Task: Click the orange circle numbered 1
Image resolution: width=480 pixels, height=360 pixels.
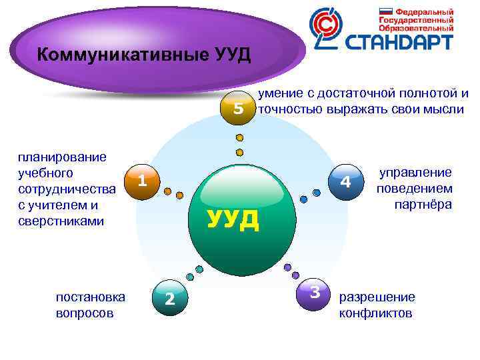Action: pos(141,181)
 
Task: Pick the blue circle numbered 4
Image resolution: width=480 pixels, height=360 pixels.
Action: pos(345,182)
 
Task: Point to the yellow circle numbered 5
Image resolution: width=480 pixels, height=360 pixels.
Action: pos(238,109)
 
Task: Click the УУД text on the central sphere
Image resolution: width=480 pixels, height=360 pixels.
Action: pos(233,219)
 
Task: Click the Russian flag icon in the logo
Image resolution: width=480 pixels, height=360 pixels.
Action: pos(386,12)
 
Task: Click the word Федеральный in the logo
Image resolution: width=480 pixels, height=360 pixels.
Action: pos(425,12)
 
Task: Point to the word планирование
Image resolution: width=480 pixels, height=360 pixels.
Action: pos(63,157)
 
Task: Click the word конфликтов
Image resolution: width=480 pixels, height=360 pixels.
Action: pos(376,313)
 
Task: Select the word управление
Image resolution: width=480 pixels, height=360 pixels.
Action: pos(415,172)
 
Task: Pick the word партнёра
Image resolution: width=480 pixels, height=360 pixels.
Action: pos(423,204)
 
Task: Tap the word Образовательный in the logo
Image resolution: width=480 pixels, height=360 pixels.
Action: pos(416,28)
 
